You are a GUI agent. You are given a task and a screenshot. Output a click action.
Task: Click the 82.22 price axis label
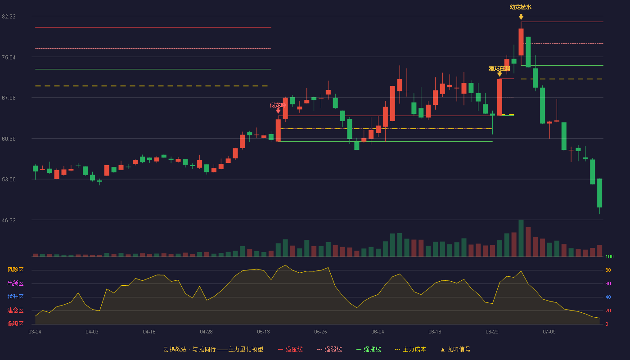[9, 17]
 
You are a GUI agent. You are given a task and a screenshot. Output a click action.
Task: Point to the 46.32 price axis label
[9, 220]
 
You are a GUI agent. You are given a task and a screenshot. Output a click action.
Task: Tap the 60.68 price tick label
[9, 139]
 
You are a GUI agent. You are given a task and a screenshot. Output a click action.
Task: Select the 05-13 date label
[263, 332]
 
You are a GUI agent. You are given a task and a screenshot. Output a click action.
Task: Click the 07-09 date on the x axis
[549, 332]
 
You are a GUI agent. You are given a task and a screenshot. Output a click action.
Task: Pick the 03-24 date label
[35, 332]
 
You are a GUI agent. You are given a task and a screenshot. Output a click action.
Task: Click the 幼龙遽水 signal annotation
[521, 7]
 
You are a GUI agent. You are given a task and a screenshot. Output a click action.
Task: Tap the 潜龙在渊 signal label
[499, 68]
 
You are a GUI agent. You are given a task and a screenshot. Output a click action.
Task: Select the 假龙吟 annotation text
[278, 105]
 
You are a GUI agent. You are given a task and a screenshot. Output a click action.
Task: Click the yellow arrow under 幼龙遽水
[521, 17]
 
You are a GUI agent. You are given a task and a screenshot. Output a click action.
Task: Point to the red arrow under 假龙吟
[278, 111]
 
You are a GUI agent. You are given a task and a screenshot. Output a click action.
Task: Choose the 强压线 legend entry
[290, 349]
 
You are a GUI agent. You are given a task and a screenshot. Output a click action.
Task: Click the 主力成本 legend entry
[410, 349]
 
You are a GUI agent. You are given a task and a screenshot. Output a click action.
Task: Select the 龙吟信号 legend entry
[455, 349]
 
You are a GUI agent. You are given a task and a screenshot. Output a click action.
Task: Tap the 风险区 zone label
[15, 270]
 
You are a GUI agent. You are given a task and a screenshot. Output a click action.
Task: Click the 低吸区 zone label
[15, 324]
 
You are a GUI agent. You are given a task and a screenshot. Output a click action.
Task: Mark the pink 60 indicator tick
[608, 283]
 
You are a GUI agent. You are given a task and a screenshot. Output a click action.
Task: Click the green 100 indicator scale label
[609, 256]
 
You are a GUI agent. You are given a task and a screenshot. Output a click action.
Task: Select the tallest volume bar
[521, 238]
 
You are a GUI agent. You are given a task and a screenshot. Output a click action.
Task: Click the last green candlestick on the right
[599, 193]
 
